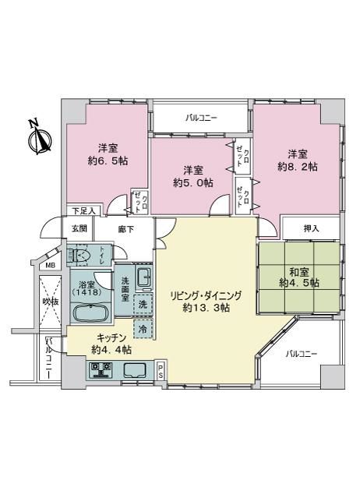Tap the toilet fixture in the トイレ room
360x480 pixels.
[79, 254]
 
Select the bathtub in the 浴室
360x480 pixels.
[90, 313]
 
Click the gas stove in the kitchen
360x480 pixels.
[101, 369]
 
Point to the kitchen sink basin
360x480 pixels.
[135, 369]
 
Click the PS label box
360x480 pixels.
[161, 371]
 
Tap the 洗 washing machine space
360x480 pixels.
[143, 304]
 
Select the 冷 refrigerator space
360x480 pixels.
[143, 329]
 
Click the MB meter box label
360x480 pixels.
[50, 266]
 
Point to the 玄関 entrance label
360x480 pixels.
[79, 228]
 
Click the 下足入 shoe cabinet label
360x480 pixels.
[84, 210]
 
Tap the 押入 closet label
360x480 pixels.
[312, 228]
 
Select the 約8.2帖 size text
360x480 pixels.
[298, 167]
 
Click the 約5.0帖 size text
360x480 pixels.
[193, 183]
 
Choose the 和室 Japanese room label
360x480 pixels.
[299, 272]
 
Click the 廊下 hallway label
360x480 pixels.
[126, 229]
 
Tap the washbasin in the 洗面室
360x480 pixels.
[143, 277]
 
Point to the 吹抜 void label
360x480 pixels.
[50, 302]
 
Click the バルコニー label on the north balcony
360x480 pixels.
[201, 118]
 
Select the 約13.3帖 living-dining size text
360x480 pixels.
[206, 308]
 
